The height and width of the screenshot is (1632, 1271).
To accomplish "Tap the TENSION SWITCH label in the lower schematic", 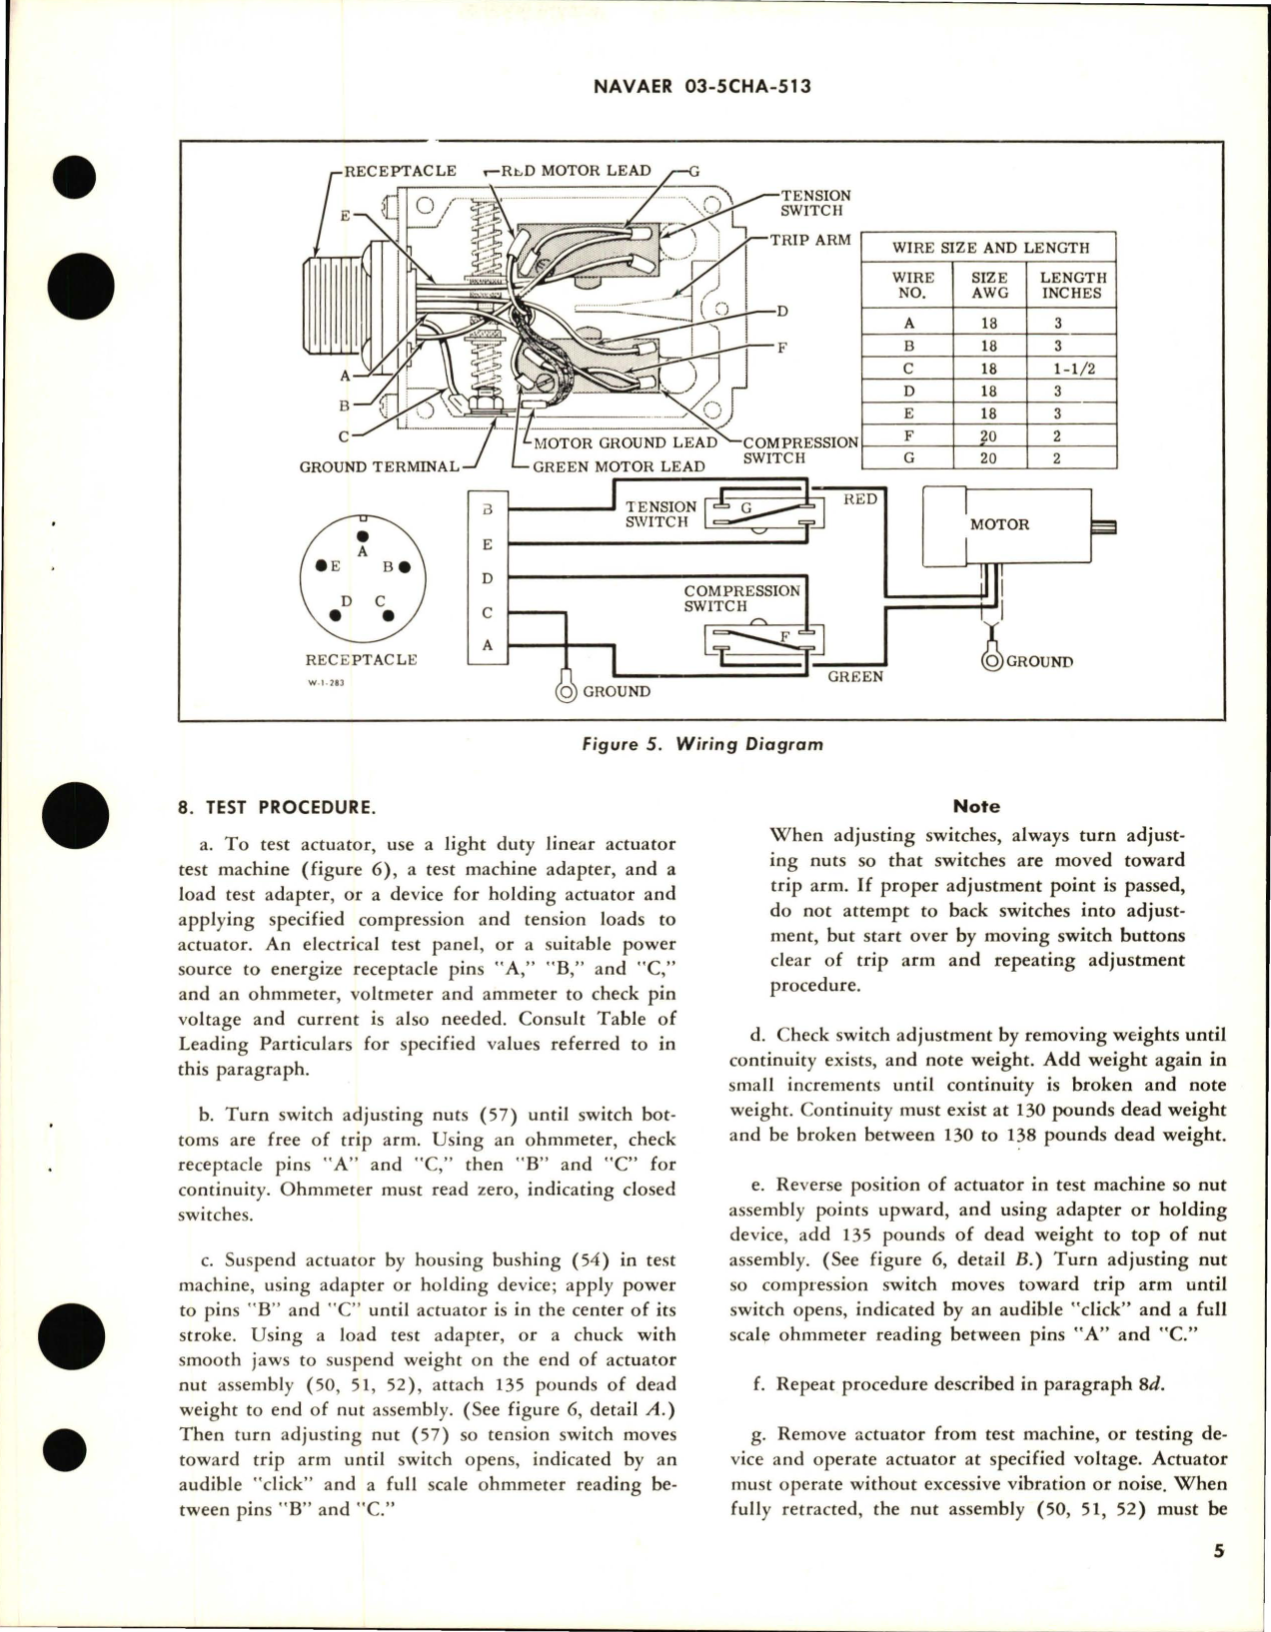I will click(x=659, y=514).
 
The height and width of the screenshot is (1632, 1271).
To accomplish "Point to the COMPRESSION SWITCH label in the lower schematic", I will click(x=741, y=598).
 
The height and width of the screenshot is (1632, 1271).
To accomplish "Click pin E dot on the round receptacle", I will click(x=322, y=566).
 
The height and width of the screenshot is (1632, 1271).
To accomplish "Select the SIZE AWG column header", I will click(x=988, y=285).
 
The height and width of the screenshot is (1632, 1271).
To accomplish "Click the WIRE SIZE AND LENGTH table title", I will click(x=990, y=247).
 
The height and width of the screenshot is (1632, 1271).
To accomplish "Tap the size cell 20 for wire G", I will click(x=988, y=458).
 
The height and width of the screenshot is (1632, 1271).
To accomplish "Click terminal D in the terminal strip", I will click(x=488, y=578).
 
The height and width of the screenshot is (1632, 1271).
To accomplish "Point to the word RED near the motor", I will click(x=860, y=499).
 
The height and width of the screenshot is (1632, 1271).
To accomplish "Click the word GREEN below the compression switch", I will click(x=855, y=677).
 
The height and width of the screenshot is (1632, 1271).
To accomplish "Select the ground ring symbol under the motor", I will click(x=993, y=658).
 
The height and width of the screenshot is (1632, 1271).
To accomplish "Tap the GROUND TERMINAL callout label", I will click(x=379, y=466).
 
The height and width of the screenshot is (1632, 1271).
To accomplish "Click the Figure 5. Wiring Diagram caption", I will click(x=704, y=744).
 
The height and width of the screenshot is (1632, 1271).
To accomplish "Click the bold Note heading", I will click(x=976, y=806).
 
